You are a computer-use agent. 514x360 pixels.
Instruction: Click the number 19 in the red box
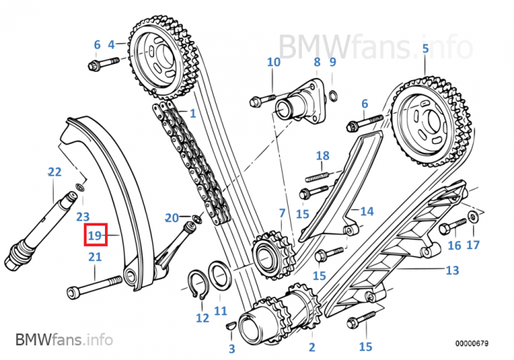point(94,235)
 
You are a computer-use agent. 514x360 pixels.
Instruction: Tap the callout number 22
point(54,173)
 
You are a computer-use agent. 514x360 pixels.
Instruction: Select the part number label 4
point(112,44)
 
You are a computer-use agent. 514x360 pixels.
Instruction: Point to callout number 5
point(424,49)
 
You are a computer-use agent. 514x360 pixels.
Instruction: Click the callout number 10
point(273,62)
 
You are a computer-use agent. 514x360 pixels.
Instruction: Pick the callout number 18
point(322,156)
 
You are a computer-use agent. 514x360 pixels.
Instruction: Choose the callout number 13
point(452,270)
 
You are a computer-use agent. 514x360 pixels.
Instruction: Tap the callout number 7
point(280,213)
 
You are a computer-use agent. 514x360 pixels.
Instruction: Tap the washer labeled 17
point(473,216)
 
